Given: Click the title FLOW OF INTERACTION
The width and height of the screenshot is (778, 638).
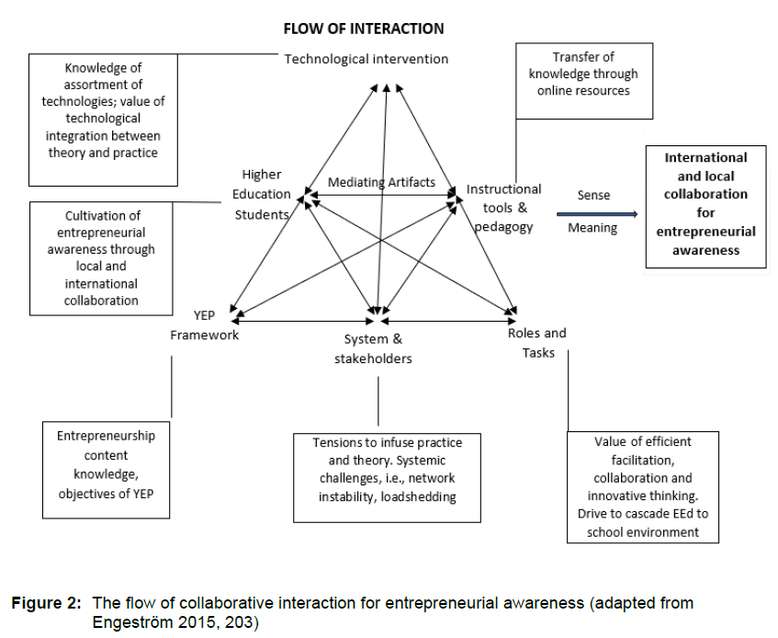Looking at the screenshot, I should coord(363,29).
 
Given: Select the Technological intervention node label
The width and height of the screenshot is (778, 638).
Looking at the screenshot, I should coord(366,60).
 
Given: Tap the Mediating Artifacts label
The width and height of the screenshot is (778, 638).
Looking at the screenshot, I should coord(382,182).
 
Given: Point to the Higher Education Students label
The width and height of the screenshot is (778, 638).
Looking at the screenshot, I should coord(263,194).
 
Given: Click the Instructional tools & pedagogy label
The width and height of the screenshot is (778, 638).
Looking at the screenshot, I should coord(504,208).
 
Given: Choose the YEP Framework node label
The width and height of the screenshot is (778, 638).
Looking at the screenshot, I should coord(205,326).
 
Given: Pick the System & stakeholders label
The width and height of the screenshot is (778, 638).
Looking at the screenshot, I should coord(373,348).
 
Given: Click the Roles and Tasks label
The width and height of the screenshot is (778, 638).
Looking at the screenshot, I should coord(537,342).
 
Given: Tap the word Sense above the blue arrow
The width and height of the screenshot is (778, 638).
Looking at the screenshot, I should coord(593,195).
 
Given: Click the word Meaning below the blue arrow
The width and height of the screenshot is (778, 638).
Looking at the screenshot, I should coord(592,228).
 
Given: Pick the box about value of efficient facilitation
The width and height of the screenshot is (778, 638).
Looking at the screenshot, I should coord(642,486).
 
